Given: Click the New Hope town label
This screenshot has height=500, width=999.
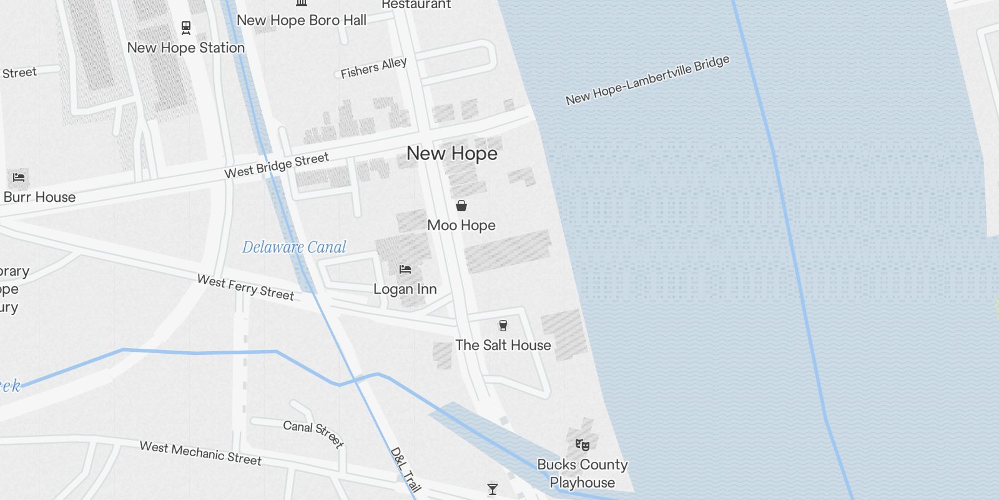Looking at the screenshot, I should pyautogui.click(x=452, y=153).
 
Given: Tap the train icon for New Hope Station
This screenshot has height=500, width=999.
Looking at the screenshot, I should pyautogui.click(x=186, y=27).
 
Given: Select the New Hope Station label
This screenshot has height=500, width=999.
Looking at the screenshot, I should pyautogui.click(x=185, y=47).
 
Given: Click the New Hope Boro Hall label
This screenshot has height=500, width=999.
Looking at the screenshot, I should pyautogui.click(x=302, y=20).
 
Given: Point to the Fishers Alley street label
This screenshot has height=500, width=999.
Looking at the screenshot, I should pyautogui.click(x=373, y=67).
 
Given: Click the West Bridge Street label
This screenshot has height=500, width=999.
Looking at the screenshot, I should pyautogui.click(x=277, y=166).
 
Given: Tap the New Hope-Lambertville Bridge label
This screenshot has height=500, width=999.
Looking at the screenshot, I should pyautogui.click(x=647, y=80).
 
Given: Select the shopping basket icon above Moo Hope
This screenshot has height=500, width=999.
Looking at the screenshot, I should pyautogui.click(x=461, y=206).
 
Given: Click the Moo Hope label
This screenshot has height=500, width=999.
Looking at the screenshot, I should pyautogui.click(x=461, y=225).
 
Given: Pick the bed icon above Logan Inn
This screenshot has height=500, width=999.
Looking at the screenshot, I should pyautogui.click(x=405, y=269).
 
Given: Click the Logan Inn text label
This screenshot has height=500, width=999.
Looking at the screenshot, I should pyautogui.click(x=405, y=289).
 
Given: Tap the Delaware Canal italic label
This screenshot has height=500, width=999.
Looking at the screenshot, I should pyautogui.click(x=294, y=247).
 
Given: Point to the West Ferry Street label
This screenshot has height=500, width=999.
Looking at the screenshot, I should pyautogui.click(x=245, y=287).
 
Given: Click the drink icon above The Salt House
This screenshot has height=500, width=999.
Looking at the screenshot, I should pyautogui.click(x=503, y=325).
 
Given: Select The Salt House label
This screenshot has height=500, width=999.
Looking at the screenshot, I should pyautogui.click(x=503, y=345).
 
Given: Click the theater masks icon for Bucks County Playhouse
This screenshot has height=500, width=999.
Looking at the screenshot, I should pyautogui.click(x=583, y=445).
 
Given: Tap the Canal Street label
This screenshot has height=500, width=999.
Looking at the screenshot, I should pyautogui.click(x=313, y=434).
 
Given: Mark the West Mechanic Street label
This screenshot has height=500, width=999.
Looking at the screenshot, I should pyautogui.click(x=200, y=453).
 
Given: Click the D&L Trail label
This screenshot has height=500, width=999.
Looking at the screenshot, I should pyautogui.click(x=406, y=469).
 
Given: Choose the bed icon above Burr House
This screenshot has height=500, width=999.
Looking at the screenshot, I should pyautogui.click(x=19, y=177).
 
